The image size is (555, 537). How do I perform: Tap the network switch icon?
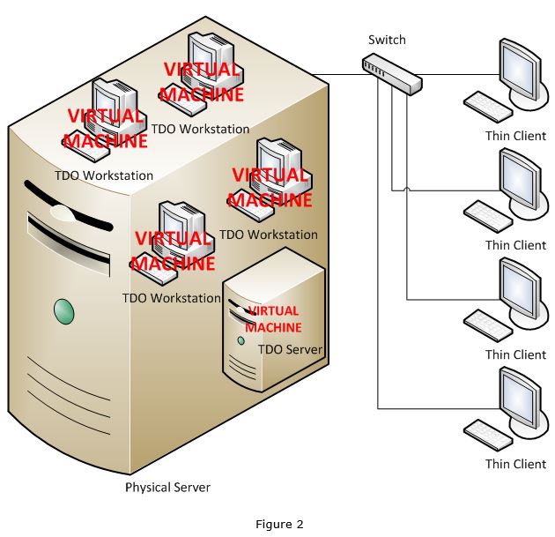[392, 73]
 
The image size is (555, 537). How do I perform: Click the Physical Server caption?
[167, 487]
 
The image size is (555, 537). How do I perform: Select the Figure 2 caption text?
[279, 524]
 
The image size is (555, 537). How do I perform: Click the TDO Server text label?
[290, 350]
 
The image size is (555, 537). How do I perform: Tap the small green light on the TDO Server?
[240, 340]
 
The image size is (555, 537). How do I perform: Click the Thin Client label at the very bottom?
[515, 464]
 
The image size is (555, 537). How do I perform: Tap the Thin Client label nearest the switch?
[515, 136]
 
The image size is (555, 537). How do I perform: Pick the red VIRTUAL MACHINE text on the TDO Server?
[273, 319]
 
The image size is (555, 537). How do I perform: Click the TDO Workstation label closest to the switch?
[200, 129]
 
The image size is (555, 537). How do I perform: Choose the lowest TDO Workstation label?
[172, 298]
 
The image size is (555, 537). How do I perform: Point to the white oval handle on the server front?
[63, 213]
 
